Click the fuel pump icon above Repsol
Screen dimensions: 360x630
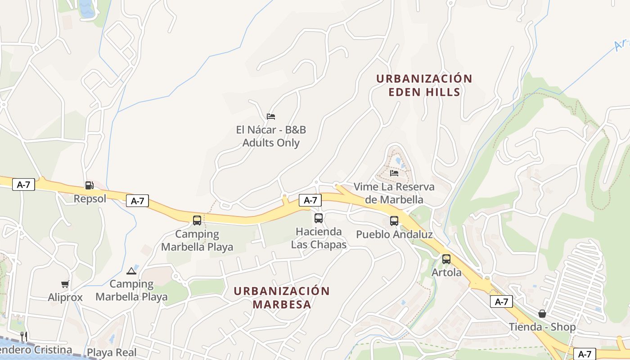[89, 185]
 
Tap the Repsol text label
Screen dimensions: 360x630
[90, 198]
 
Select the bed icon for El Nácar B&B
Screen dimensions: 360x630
[270, 117]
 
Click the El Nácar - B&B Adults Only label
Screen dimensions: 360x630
[271, 136]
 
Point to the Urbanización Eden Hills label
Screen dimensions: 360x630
[424, 85]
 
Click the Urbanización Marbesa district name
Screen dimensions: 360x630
[282, 297]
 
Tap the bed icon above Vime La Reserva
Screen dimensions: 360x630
[394, 173]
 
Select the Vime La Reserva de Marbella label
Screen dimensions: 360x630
[394, 193]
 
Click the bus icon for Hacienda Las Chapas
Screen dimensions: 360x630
[319, 218]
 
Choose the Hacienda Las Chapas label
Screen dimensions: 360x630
[319, 238]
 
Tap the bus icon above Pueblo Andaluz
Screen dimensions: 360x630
[394, 221]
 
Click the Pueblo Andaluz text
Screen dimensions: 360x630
[394, 234]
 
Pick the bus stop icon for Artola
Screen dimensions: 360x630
[446, 259]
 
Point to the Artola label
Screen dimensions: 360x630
[446, 273]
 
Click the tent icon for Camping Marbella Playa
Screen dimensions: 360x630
[131, 270]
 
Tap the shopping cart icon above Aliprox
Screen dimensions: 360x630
[65, 284]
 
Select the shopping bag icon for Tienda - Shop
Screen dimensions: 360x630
[542, 314]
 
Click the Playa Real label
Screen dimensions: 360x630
[112, 352]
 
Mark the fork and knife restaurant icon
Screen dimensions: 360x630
[24, 336]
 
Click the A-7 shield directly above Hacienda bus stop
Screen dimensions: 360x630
[310, 200]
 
